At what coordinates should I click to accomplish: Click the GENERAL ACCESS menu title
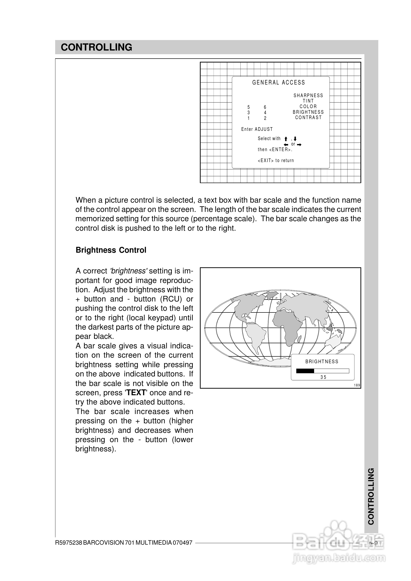pyautogui.click(x=278, y=83)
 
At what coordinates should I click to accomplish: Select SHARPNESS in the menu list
pyautogui.click(x=308, y=95)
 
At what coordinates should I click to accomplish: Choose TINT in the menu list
pyautogui.click(x=308, y=101)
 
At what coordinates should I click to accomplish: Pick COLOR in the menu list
pyautogui.click(x=308, y=107)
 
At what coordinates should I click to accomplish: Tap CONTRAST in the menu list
pyautogui.click(x=308, y=117)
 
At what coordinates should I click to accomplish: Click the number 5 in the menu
pyautogui.click(x=248, y=107)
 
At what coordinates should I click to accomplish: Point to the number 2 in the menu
pyautogui.click(x=265, y=118)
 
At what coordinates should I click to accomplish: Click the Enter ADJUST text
pyautogui.click(x=257, y=129)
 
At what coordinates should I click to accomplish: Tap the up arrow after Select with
pyautogui.click(x=286, y=139)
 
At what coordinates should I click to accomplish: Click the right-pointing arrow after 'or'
pyautogui.click(x=299, y=145)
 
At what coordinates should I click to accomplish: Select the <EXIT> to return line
pyautogui.click(x=276, y=160)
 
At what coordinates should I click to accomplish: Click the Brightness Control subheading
pyautogui.click(x=111, y=250)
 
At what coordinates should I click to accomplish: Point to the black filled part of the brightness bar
pyautogui.click(x=305, y=371)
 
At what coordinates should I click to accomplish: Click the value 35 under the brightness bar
pyautogui.click(x=323, y=377)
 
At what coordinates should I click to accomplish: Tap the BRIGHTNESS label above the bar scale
pyautogui.click(x=322, y=362)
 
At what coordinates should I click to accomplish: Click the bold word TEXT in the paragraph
pyautogui.click(x=136, y=393)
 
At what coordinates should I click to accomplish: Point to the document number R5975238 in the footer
pyautogui.click(x=69, y=542)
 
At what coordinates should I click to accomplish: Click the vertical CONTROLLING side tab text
pyautogui.click(x=371, y=496)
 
